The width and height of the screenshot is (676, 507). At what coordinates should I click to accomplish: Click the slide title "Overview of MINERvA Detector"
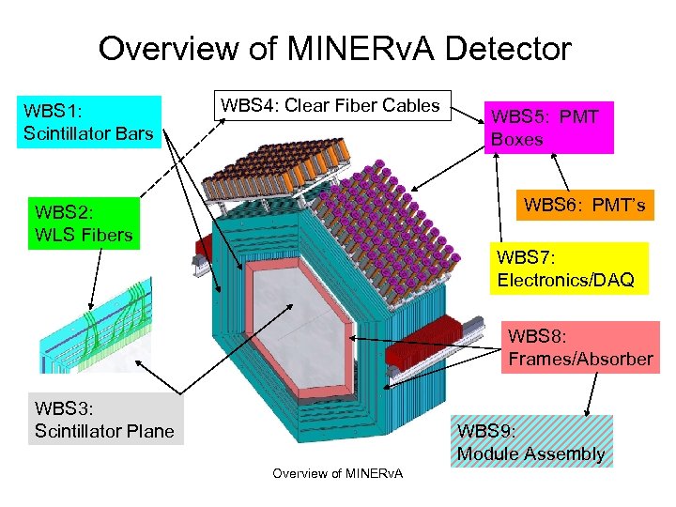[x=334, y=49]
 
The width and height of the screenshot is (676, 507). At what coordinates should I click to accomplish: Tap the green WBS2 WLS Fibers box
[x=84, y=223]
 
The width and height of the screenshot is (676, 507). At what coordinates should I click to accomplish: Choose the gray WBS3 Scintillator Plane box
[x=104, y=420]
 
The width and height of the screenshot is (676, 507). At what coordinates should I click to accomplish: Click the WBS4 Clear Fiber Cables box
[x=330, y=106]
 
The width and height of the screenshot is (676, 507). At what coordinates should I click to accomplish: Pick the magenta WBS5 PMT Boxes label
[x=548, y=128]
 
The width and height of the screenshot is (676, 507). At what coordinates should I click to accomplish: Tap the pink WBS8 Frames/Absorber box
[x=579, y=347]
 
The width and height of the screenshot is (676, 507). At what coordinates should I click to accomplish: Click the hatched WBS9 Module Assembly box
[x=530, y=442]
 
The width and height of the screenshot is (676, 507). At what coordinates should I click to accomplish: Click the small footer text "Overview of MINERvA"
[x=337, y=472]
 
